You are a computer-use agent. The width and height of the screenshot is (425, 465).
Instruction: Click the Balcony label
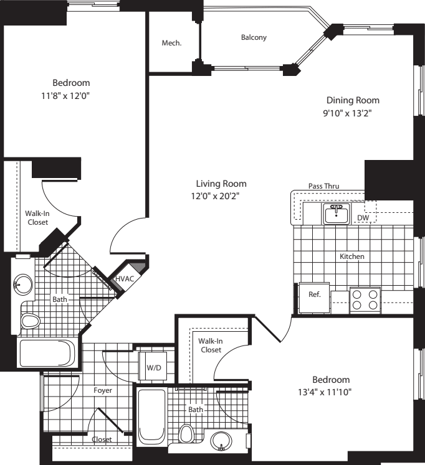254,37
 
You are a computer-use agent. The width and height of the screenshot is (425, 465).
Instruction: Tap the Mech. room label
171,43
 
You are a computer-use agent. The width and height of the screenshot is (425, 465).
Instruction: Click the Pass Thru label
323,186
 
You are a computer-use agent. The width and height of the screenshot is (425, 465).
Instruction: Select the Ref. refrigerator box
315,294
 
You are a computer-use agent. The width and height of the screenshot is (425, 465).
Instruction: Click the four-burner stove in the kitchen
365,299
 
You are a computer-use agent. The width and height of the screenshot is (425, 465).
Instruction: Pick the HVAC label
124,278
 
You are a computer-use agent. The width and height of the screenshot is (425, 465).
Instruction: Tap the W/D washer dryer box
153,367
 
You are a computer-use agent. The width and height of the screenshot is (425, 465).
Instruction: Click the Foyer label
103,392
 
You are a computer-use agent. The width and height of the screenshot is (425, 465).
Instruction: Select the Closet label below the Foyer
102,439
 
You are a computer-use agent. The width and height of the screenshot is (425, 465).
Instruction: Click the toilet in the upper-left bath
29,321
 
